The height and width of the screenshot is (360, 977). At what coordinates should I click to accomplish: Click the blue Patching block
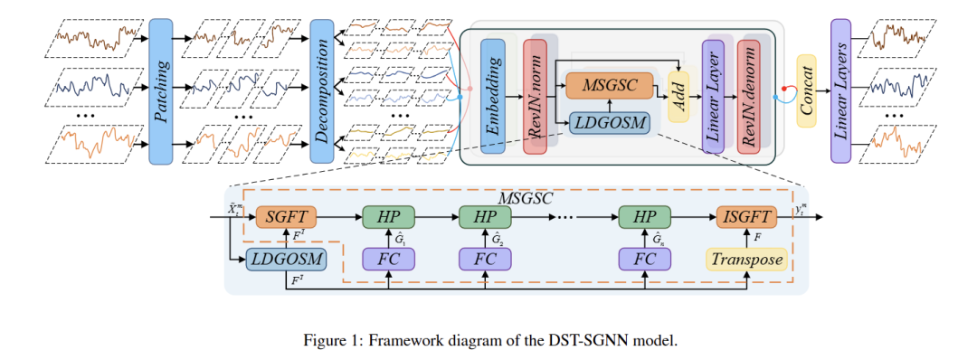point(160,90)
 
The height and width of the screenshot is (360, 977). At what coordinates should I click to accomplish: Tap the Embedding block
point(493,97)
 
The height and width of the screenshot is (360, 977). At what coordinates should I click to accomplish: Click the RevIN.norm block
point(535,97)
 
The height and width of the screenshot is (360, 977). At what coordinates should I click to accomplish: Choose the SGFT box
point(286,218)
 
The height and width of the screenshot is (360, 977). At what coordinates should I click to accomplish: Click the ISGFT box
point(745,218)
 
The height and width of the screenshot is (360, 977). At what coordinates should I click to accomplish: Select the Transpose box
point(745,260)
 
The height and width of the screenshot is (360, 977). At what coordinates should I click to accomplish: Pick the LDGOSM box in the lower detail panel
point(286,260)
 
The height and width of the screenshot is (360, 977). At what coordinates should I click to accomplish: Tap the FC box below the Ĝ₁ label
point(388,260)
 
